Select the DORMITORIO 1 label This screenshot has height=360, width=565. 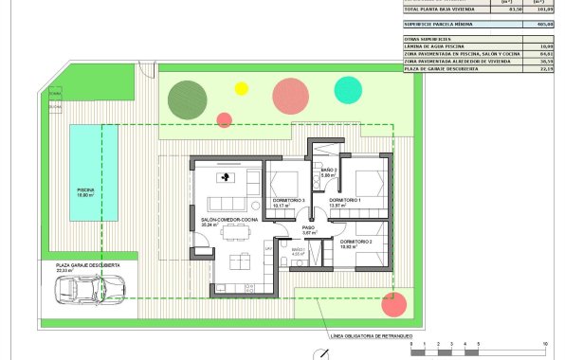(344, 201)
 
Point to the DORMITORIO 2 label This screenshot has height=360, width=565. (355, 243)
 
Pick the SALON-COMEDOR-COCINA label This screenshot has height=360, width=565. (229, 220)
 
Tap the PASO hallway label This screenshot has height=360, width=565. (308, 227)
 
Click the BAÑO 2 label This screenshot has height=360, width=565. (328, 171)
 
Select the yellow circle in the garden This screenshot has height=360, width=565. (241, 88)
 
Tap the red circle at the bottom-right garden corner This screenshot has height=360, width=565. (391, 306)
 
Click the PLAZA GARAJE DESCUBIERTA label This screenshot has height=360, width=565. (88, 266)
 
